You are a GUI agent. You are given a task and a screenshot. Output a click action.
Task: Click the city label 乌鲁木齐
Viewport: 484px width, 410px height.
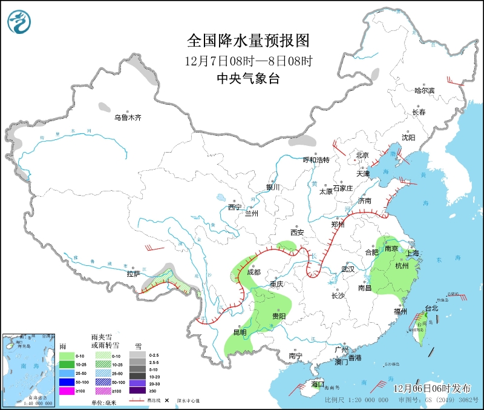click(128, 117)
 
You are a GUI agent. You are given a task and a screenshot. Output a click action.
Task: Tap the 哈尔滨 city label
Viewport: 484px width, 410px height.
click(424, 90)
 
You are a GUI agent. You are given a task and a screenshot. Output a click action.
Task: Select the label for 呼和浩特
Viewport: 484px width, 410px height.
click(316, 160)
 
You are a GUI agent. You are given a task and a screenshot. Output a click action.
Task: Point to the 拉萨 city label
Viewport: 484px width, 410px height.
click(133, 274)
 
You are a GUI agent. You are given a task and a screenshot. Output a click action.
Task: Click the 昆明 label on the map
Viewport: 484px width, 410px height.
click(240, 332)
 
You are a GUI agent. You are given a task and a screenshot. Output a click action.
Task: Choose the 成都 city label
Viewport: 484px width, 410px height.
click(254, 273)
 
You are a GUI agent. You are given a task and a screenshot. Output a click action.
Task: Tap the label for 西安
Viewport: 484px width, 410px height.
click(296, 232)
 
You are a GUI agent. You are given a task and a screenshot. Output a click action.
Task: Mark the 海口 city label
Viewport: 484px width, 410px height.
click(318, 384)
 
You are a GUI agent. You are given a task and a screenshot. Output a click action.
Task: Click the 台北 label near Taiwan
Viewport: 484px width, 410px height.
click(431, 308)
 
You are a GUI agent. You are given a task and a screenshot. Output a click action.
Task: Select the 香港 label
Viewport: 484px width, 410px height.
click(354, 358)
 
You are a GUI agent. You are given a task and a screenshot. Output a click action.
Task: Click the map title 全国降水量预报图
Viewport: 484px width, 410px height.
click(248, 41)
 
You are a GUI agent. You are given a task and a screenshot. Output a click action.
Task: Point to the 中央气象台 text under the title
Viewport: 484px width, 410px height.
click(248, 79)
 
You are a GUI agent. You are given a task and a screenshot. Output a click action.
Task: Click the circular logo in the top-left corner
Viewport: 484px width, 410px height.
click(19, 23)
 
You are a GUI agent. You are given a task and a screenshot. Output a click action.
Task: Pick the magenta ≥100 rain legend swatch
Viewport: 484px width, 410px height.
click(67, 391)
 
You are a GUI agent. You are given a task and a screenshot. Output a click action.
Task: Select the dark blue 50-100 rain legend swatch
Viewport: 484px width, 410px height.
click(67, 382)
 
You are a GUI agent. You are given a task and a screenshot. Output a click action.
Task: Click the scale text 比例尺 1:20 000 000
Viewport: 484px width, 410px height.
click(357, 400)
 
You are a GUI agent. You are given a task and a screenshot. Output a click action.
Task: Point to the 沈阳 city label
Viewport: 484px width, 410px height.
click(408, 137)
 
